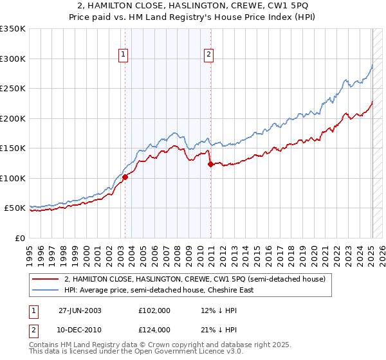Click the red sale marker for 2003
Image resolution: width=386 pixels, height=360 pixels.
[x=125, y=177]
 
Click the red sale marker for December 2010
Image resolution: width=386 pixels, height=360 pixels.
[x=210, y=165]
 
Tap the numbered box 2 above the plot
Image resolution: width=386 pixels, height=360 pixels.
[x=209, y=55]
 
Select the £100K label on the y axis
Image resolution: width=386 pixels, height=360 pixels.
[x=13, y=179]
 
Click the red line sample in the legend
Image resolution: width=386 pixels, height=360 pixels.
[x=45, y=279]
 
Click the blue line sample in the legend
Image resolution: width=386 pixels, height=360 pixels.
[x=45, y=290]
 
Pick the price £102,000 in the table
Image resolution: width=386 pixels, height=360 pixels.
[x=154, y=310]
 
